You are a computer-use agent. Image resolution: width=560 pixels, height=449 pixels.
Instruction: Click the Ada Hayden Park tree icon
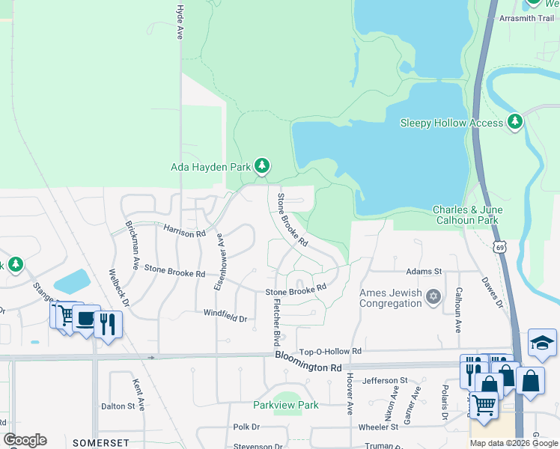coord(261,165)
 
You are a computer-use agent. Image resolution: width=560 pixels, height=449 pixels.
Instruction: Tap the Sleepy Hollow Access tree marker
coord(514,121)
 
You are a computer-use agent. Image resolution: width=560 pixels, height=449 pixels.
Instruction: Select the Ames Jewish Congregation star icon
coord(433,298)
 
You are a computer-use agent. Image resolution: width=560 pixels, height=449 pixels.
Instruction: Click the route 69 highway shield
coord(501,246)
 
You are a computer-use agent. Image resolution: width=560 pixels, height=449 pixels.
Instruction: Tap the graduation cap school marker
coord(542,343)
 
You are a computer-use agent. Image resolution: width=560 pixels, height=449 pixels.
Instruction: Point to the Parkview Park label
coord(285,405)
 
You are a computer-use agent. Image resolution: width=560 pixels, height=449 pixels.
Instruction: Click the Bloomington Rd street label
coord(308,362)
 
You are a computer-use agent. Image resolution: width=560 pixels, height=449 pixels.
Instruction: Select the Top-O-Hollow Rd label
coord(330,351)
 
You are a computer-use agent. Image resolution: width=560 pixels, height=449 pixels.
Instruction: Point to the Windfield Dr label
coord(225,318)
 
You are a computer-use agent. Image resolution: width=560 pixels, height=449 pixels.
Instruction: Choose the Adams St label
coord(424,272)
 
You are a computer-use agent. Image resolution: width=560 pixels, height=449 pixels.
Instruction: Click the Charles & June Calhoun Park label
coord(466,215)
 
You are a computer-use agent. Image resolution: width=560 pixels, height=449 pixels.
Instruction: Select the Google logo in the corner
coord(24,440)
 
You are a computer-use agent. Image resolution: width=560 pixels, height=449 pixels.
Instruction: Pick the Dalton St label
coord(123,406)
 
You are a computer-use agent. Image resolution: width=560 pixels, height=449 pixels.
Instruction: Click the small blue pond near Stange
coord(71,281)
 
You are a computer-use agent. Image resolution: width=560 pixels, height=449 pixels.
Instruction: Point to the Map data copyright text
coord(513,443)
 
